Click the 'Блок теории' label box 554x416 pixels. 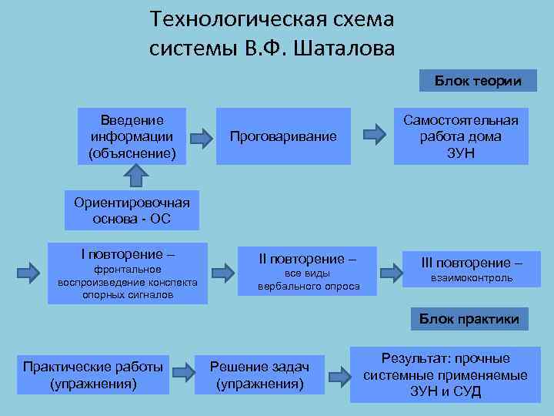(x=478, y=80)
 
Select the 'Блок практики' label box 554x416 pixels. (x=469, y=318)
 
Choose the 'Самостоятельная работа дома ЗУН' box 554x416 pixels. (x=461, y=136)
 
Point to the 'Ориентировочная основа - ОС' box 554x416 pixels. (x=132, y=210)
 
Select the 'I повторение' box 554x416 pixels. (x=128, y=273)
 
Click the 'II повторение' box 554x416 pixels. (x=308, y=271)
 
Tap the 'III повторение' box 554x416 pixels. (x=471, y=269)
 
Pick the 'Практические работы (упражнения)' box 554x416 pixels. (x=93, y=372)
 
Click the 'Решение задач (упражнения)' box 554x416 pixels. (x=261, y=372)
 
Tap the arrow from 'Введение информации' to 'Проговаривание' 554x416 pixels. (x=202, y=138)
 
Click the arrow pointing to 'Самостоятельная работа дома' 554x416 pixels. (x=375, y=133)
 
